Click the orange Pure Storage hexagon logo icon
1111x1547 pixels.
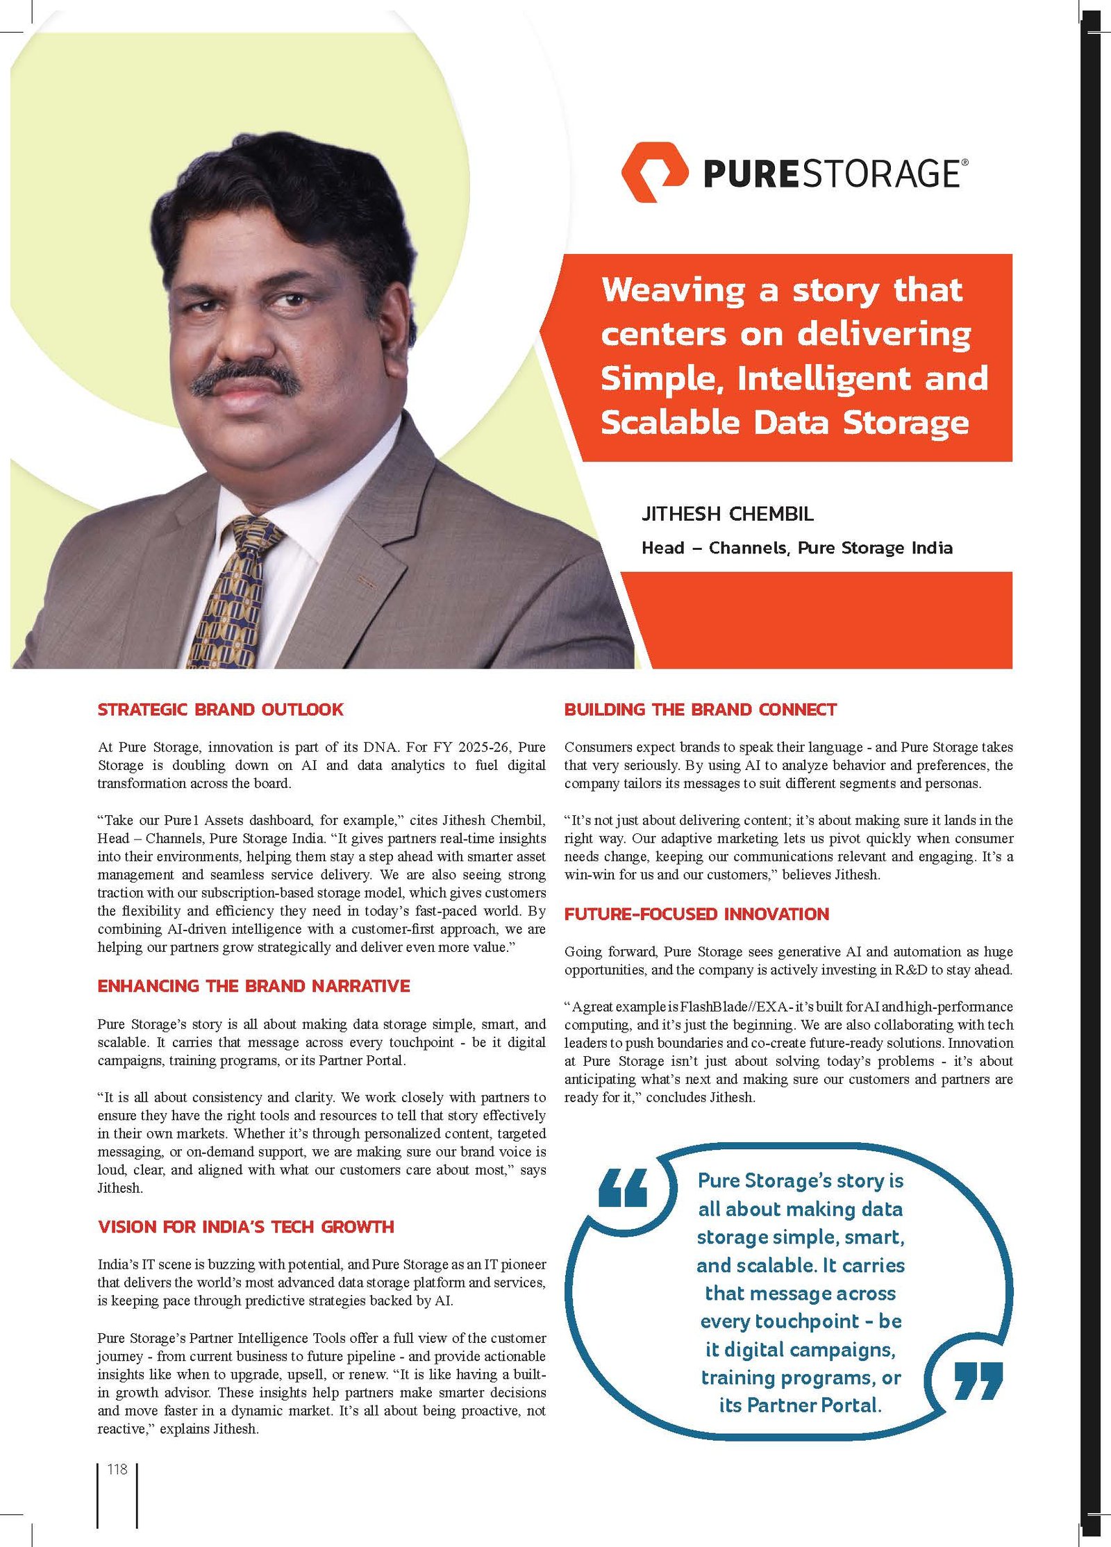pos(654,172)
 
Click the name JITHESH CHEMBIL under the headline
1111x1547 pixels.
pos(727,515)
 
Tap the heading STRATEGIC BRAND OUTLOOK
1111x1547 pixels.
pos(220,710)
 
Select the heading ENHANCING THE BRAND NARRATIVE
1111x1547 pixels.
pos(253,986)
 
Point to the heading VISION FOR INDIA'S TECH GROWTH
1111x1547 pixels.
pos(246,1226)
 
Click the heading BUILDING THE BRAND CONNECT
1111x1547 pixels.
pos(700,710)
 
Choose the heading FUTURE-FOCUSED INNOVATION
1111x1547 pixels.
pos(696,914)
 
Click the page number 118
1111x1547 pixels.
pos(117,1469)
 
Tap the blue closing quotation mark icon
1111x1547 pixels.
pos(978,1379)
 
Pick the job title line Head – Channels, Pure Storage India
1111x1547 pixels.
pos(796,548)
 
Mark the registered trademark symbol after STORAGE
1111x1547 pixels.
pos(964,162)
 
